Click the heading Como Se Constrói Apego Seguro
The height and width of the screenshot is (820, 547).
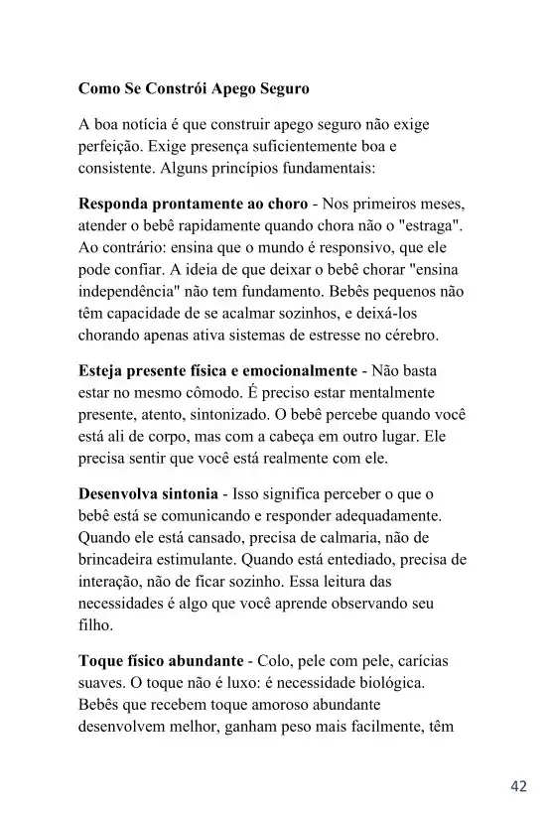pos(194,88)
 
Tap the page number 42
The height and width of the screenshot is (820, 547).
pos(518,786)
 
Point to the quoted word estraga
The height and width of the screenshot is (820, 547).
pos(429,226)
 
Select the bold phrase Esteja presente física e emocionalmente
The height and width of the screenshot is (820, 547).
pos(217,371)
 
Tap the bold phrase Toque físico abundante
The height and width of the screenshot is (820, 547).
pos(160,661)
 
